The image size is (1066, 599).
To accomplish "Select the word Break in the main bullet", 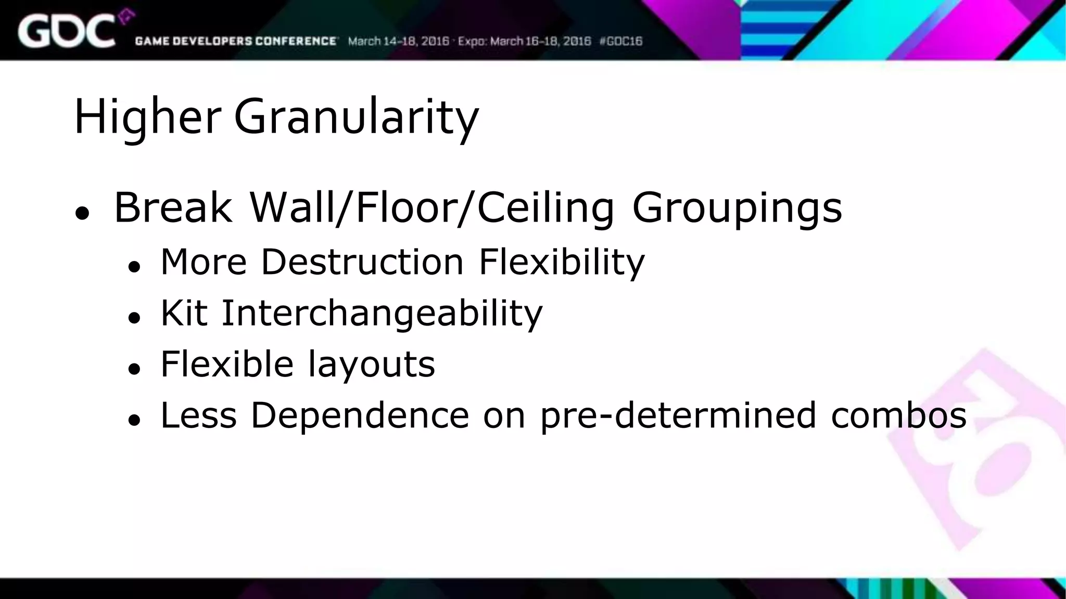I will [173, 207].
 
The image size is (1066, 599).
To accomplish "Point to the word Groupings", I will [737, 207].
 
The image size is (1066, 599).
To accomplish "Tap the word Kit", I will [184, 313].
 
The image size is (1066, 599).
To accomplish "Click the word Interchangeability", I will [382, 313].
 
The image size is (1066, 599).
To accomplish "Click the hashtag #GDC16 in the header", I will [621, 41].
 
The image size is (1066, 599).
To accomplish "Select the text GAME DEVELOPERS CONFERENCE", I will [236, 41].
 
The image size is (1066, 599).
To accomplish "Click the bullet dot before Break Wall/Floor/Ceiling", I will [82, 213].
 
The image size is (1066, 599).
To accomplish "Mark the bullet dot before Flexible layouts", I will [134, 369].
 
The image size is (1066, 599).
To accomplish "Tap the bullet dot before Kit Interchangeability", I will [134, 318].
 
